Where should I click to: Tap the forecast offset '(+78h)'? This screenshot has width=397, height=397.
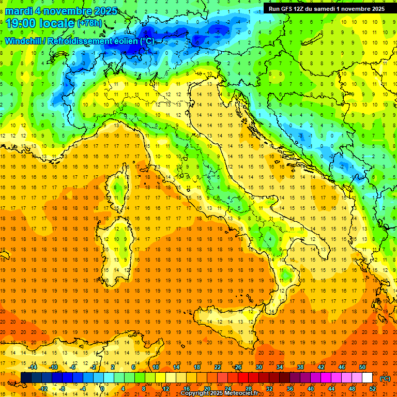pos(89,23)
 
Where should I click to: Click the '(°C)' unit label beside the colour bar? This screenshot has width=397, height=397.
pos(385,378)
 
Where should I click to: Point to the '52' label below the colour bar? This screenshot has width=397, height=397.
pos(373,388)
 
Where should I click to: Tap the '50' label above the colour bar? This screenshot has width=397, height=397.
pos(362,367)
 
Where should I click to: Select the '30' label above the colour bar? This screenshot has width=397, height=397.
pos(258,367)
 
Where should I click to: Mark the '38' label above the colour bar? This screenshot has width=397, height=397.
pos(300,367)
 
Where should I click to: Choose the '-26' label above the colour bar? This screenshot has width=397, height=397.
pos(237,367)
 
